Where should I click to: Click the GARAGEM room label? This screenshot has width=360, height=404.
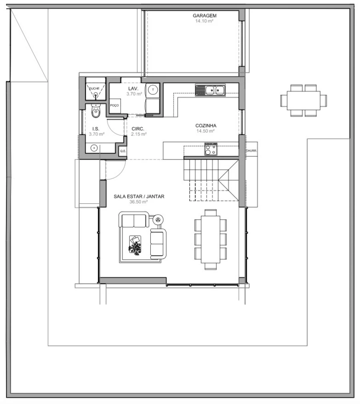[x=204, y=16]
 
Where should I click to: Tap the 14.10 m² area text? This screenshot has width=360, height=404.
[x=204, y=21]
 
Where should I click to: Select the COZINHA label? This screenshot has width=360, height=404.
[x=206, y=126]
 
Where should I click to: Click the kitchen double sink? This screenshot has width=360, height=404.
[x=210, y=90]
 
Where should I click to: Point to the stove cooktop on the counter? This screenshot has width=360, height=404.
[x=211, y=149]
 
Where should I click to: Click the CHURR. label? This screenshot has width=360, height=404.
[x=251, y=151]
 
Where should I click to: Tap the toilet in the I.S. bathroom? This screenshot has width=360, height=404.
[x=96, y=111]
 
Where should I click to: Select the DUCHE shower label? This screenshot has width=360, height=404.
[x=94, y=88]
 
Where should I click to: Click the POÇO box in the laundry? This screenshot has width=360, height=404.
[x=114, y=105]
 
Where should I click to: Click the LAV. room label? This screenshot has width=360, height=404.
[x=133, y=89]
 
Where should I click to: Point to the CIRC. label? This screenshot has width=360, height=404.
[x=138, y=129]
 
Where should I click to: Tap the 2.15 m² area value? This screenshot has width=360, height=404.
[x=139, y=134]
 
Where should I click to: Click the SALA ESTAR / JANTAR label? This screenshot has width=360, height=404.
[x=139, y=197]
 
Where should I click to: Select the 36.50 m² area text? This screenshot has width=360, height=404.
[x=138, y=202]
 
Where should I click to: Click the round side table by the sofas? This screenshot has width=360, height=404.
[x=158, y=220]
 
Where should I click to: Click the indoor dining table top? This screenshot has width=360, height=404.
[x=210, y=239]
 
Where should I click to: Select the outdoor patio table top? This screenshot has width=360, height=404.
[x=304, y=100]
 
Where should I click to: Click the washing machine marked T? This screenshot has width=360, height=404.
[x=153, y=90]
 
